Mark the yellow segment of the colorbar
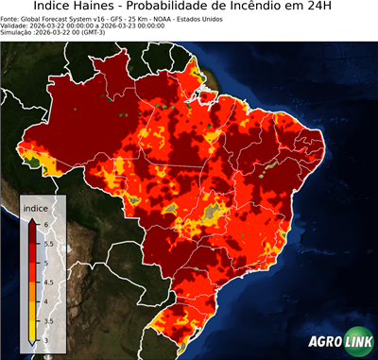(32, 326)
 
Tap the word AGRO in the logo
(325, 341)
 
